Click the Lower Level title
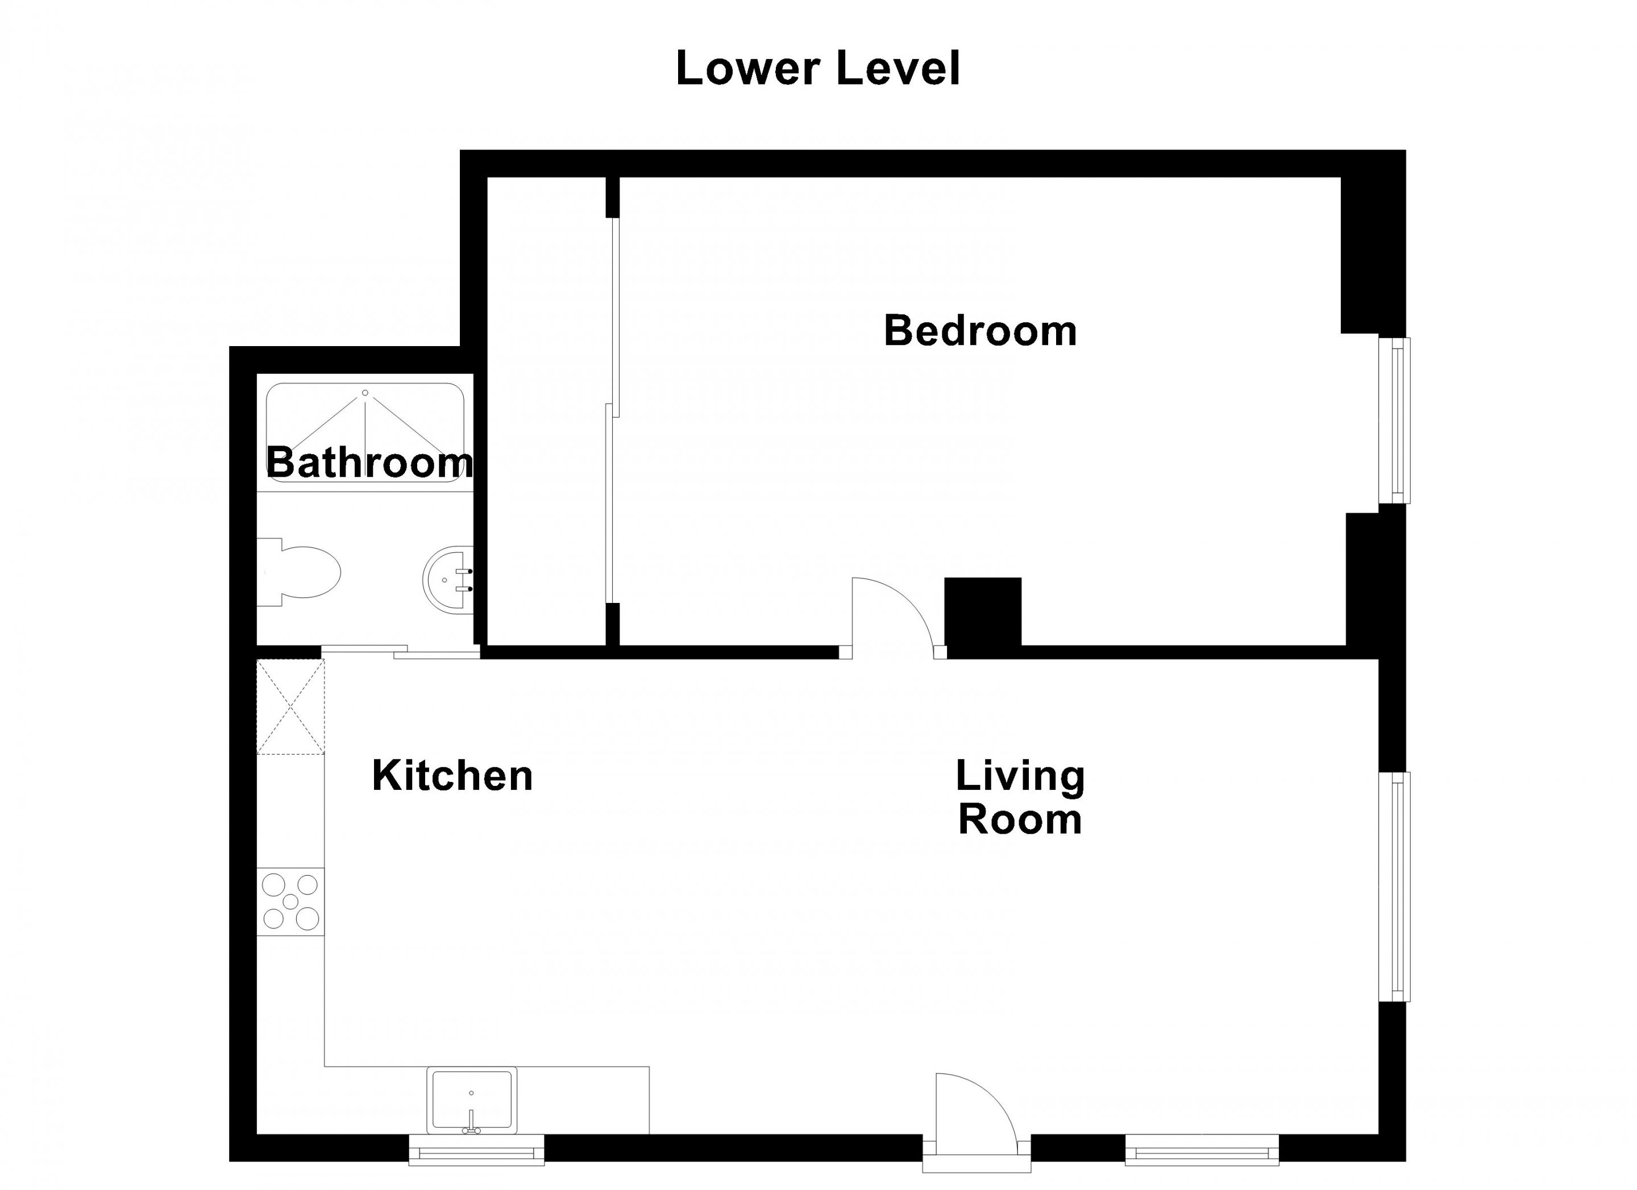818,69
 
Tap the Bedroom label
980,331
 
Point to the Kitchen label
452,776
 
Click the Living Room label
1020,797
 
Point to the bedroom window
1394,420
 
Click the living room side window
1394,887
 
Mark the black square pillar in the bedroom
983,611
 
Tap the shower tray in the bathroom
365,433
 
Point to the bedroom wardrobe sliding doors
612,410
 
